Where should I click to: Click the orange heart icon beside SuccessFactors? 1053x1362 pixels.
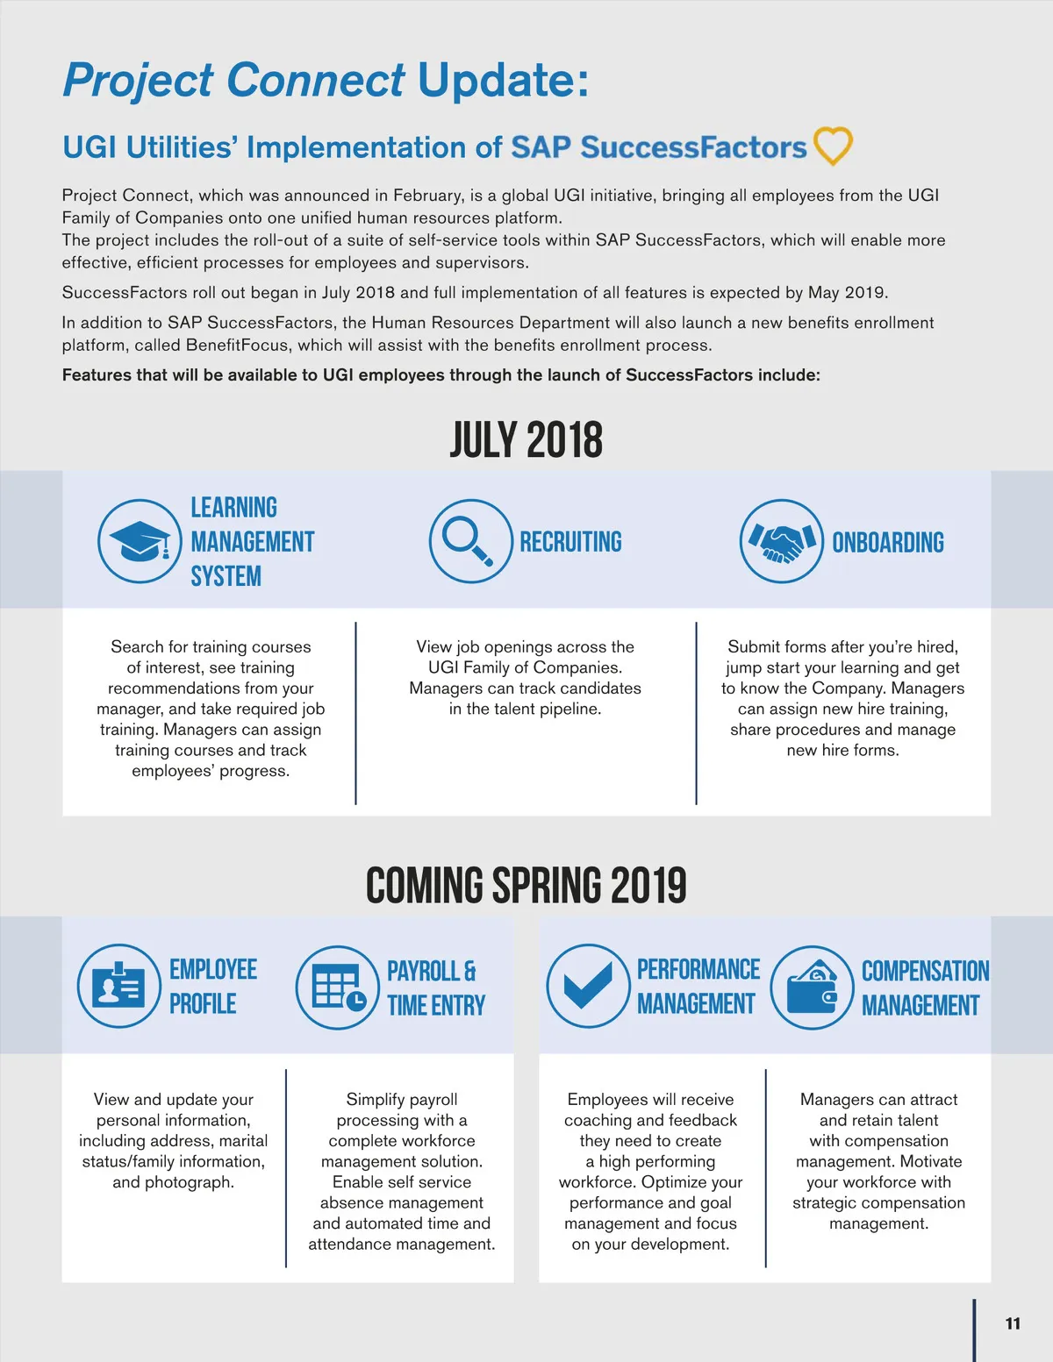click(x=833, y=146)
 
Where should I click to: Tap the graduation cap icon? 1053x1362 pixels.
click(x=140, y=541)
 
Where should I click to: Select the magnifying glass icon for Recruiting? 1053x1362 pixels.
click(x=470, y=541)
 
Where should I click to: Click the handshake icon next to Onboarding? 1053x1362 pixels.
click(x=781, y=542)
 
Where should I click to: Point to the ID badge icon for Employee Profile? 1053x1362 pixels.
click(x=119, y=986)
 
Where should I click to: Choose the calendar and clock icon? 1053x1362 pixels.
click(x=338, y=988)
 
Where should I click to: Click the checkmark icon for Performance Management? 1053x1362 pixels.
click(x=588, y=986)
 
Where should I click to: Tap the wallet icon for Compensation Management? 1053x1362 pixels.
click(x=813, y=988)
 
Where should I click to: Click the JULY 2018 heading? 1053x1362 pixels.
click(x=526, y=440)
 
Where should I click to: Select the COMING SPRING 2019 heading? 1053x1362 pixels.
click(x=526, y=886)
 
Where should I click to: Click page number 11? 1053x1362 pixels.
click(x=1013, y=1323)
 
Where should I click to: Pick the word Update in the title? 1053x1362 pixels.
click(x=502, y=80)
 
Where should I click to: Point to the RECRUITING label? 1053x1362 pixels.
click(x=570, y=542)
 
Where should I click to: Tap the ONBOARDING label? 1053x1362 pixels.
click(x=888, y=543)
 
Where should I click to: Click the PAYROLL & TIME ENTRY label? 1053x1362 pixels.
click(x=436, y=988)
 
